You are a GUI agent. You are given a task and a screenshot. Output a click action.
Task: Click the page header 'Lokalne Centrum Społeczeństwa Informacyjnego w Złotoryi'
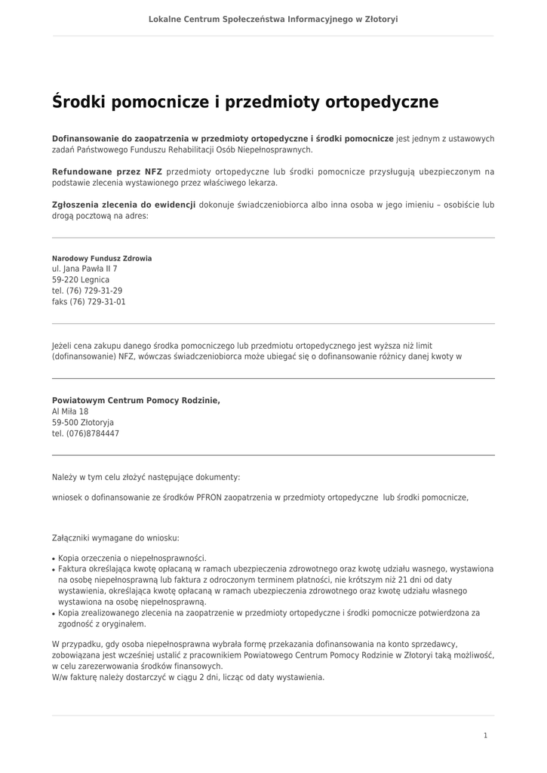pos(273,19)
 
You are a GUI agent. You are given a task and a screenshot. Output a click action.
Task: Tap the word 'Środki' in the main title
pos(78,102)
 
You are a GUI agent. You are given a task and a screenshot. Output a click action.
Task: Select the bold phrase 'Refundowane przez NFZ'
pos(107,171)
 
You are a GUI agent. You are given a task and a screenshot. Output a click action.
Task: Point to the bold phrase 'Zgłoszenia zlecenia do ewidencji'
pos(124,205)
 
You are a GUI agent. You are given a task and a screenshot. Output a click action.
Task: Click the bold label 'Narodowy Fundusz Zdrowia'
pos(102,258)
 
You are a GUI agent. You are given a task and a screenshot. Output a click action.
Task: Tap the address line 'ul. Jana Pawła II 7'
pos(85,269)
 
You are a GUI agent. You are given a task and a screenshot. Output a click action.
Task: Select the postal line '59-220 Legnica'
pos(81,279)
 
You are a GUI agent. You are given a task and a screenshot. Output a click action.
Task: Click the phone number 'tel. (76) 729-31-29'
pos(87,291)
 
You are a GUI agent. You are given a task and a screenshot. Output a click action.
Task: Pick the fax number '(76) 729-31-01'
pos(97,302)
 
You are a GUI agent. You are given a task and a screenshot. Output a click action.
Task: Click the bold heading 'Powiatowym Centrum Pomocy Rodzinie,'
pos(136,400)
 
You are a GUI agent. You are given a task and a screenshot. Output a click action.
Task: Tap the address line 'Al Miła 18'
pos(70,411)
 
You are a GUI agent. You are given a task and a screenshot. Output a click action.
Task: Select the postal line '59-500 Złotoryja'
pos(83,423)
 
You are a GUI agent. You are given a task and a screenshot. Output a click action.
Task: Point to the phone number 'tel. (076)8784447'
pos(85,434)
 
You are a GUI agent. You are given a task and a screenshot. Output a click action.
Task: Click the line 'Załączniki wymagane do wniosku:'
pos(115,538)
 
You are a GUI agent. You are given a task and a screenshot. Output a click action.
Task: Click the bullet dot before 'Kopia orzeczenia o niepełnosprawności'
pos(54,559)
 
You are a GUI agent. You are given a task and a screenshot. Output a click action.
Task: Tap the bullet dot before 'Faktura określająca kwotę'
pos(54,569)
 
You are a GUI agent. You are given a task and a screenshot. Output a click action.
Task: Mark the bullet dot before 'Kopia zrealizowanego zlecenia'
pos(54,614)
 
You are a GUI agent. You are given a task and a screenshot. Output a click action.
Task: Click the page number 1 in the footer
pos(485,735)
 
